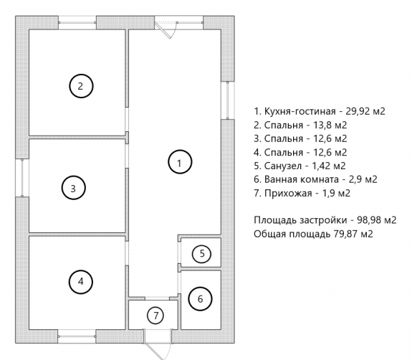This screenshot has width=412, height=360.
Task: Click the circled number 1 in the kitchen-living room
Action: tap(180, 162)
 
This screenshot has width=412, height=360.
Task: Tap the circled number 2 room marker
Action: tap(81, 86)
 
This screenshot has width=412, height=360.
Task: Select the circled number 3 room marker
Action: tap(74, 188)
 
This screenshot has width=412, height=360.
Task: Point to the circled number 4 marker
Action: tap(81, 282)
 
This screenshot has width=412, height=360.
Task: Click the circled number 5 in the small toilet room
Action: tap(202, 254)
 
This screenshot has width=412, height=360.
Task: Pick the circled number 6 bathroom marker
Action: tap(200, 299)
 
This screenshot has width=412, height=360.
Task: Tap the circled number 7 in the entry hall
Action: tap(155, 315)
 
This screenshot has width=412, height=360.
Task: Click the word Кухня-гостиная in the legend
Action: tap(300, 111)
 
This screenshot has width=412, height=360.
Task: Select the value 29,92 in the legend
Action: tap(358, 111)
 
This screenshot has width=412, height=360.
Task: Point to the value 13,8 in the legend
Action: tap(322, 125)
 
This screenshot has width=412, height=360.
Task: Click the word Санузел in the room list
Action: tap(283, 166)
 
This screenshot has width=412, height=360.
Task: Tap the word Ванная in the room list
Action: tap(281, 179)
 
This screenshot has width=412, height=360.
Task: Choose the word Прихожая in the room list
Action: tap(288, 194)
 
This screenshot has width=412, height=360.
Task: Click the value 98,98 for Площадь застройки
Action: tap(369, 220)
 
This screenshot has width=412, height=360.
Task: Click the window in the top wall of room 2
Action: tap(77, 23)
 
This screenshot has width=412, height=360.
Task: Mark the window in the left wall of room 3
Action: tap(22, 178)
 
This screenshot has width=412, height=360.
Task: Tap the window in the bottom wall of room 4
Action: tap(77, 336)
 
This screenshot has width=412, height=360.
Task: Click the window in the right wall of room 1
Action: tap(228, 100)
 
